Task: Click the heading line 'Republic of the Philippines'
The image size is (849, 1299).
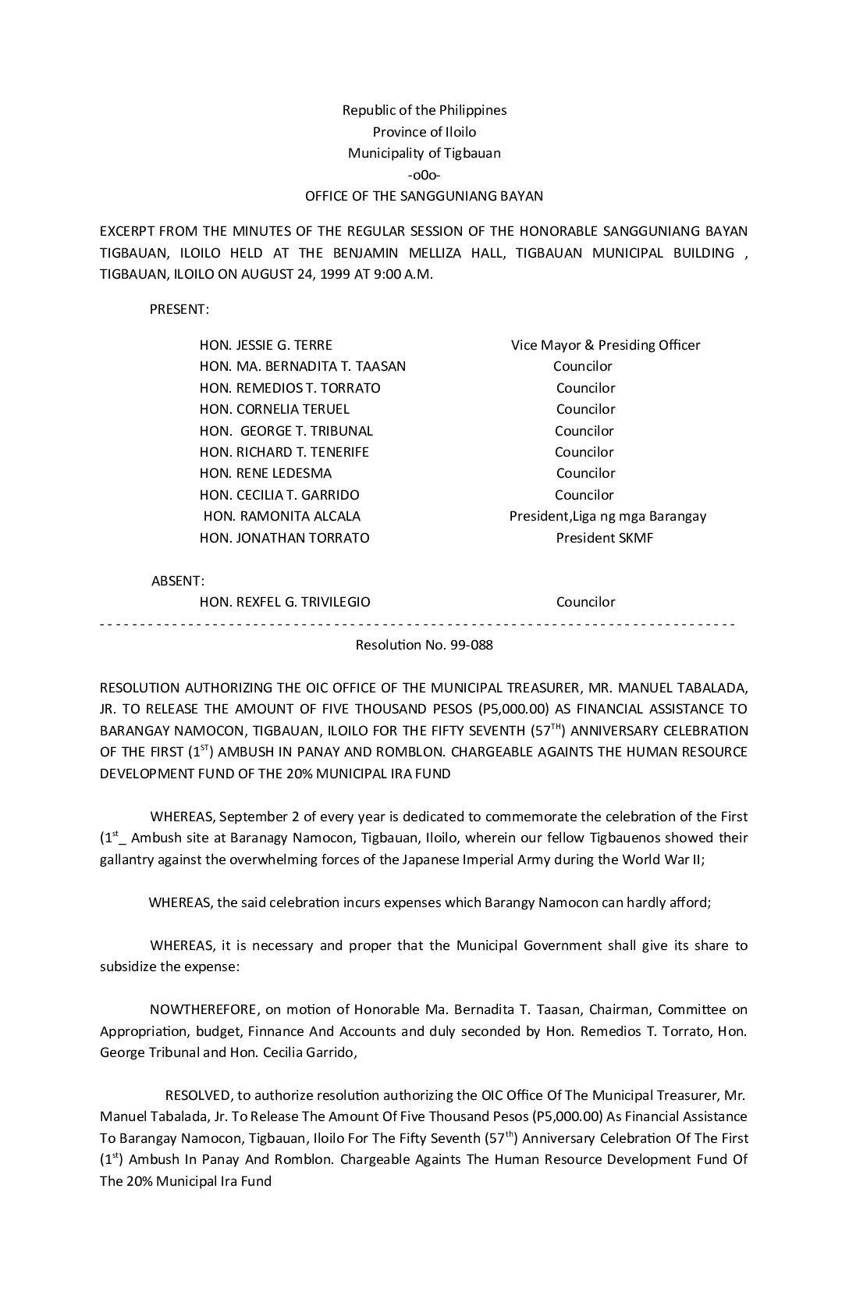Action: pyautogui.click(x=424, y=110)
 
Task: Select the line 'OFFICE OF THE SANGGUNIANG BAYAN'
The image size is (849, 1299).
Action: pyautogui.click(x=424, y=196)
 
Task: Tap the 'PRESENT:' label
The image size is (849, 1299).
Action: pyautogui.click(x=179, y=309)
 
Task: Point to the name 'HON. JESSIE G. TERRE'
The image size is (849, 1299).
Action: pyautogui.click(x=266, y=345)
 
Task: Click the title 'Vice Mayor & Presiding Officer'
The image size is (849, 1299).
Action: pyautogui.click(x=606, y=345)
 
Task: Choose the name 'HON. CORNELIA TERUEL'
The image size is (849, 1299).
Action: pyautogui.click(x=275, y=409)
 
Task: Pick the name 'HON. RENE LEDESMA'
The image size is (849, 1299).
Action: pyautogui.click(x=266, y=473)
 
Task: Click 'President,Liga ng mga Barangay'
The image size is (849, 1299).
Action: pyautogui.click(x=608, y=516)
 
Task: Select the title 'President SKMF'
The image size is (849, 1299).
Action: pyautogui.click(x=605, y=538)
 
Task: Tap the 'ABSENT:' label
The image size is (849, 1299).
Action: pyautogui.click(x=178, y=581)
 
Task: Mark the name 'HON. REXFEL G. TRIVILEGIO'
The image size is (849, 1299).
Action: pyautogui.click(x=285, y=602)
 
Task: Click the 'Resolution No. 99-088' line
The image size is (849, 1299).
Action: pyautogui.click(x=424, y=645)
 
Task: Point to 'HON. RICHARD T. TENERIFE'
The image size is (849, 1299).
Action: pyautogui.click(x=284, y=452)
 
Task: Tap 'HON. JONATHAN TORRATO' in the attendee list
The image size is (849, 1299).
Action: pyautogui.click(x=285, y=538)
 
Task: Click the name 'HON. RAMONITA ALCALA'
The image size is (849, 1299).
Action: pyautogui.click(x=282, y=516)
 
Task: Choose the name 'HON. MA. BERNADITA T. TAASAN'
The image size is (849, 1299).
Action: pyautogui.click(x=303, y=366)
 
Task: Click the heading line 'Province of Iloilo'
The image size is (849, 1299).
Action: pyautogui.click(x=424, y=132)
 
